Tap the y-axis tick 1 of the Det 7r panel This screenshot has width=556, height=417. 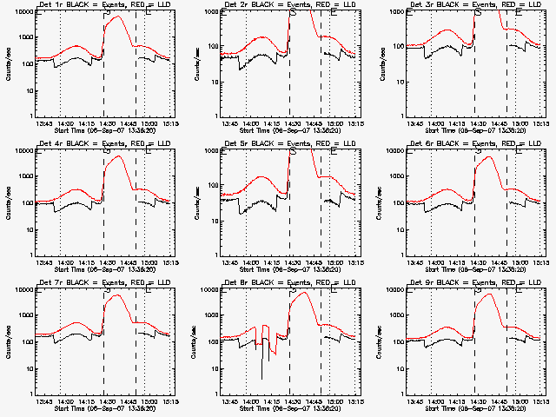point(30,393)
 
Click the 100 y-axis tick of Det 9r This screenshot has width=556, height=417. point(396,341)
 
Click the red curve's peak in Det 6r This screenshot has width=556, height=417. point(491,157)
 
